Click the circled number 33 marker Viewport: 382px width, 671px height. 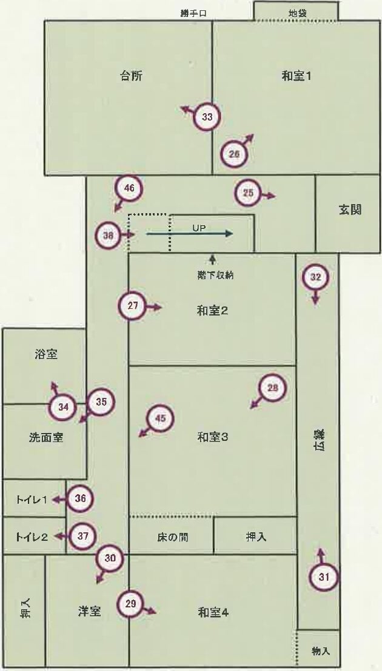point(207,117)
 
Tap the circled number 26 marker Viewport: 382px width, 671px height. point(235,154)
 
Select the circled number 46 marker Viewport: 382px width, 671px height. point(129,188)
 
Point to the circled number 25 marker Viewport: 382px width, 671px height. point(248,193)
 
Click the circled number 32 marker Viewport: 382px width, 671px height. point(315,277)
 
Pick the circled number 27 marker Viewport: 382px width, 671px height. point(133,306)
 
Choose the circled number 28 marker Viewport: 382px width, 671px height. point(272,388)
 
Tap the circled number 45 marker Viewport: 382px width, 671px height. point(161,418)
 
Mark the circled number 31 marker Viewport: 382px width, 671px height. point(324,577)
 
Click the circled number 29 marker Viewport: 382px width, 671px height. point(130,604)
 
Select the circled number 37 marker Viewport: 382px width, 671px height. point(83,536)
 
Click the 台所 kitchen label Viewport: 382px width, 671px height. point(132,76)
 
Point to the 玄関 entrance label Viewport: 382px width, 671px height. point(350,210)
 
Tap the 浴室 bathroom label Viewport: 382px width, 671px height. point(46,355)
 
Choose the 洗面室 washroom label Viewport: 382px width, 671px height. point(46,436)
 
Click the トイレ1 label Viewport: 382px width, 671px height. point(32,500)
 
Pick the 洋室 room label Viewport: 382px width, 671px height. point(89,612)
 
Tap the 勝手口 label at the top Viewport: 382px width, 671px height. point(194,13)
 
